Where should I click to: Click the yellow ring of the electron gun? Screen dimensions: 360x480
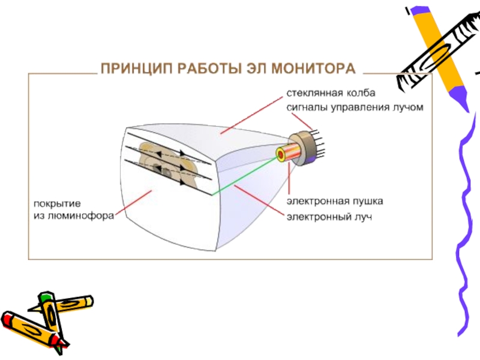(x=280, y=155)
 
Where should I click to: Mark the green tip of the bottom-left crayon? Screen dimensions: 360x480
(x=45, y=296)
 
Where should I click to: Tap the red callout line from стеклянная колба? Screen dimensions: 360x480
(x=252, y=114)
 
